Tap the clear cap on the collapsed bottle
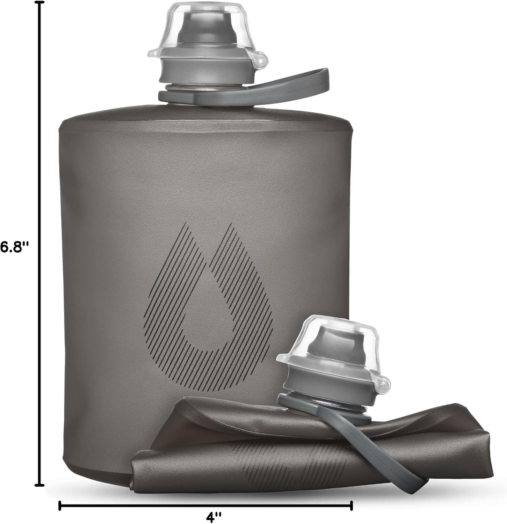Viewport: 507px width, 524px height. tap(328, 346)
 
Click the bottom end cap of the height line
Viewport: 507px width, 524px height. tap(41, 485)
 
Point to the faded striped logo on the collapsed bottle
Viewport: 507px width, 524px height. tap(266, 458)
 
